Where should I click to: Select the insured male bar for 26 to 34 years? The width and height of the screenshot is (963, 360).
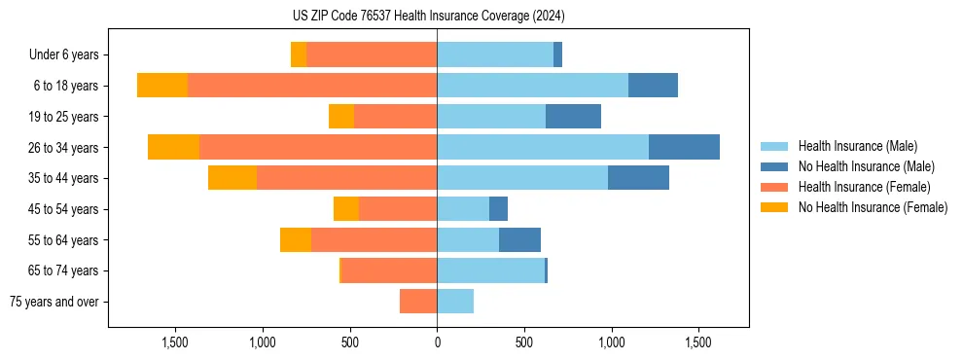pyautogui.click(x=543, y=147)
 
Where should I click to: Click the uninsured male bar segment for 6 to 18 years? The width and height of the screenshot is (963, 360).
pyautogui.click(x=653, y=86)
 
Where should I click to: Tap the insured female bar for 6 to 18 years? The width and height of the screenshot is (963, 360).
pyautogui.click(x=312, y=86)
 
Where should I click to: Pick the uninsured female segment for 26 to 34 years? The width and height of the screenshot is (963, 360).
pyautogui.click(x=174, y=147)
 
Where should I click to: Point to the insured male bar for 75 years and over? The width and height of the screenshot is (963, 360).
pyautogui.click(x=455, y=302)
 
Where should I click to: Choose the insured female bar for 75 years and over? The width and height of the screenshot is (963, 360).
pyautogui.click(x=418, y=302)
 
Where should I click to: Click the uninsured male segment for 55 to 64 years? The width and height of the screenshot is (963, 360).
pyautogui.click(x=519, y=239)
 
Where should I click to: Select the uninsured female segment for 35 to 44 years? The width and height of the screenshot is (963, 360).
pyautogui.click(x=232, y=178)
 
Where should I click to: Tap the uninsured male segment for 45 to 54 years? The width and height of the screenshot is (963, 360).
pyautogui.click(x=498, y=209)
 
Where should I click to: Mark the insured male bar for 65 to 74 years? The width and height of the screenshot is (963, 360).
pyautogui.click(x=490, y=270)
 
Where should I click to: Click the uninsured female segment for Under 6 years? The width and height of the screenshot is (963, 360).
pyautogui.click(x=299, y=54)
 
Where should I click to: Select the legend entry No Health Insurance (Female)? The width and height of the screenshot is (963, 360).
pyautogui.click(x=873, y=207)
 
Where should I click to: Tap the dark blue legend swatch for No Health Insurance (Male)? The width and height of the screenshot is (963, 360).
pyautogui.click(x=774, y=166)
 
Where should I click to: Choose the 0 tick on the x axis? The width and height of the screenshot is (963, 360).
pyautogui.click(x=437, y=343)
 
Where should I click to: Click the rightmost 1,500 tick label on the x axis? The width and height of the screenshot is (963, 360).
pyautogui.click(x=698, y=343)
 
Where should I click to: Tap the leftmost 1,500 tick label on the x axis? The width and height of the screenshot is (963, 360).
pyautogui.click(x=175, y=343)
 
